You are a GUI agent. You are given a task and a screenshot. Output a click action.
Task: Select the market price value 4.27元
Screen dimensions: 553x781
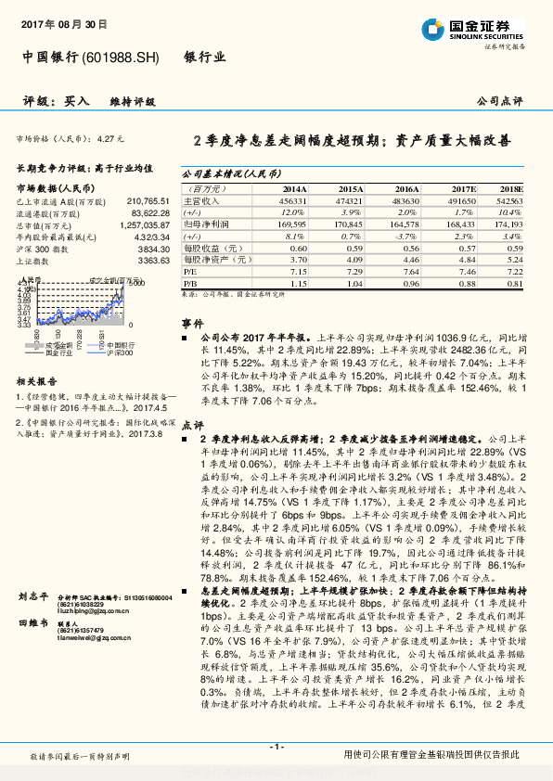point(109,138)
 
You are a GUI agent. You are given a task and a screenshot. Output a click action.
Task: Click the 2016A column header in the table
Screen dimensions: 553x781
point(406,187)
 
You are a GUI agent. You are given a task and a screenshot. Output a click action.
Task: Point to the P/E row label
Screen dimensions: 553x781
point(190,274)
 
